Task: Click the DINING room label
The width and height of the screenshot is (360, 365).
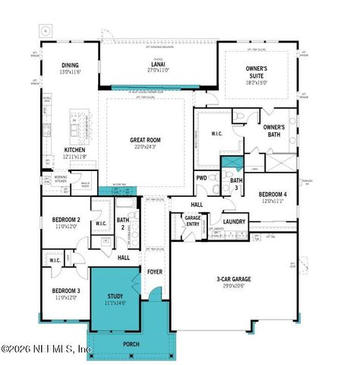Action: point(70,65)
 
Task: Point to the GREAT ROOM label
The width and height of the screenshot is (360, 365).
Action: point(144,140)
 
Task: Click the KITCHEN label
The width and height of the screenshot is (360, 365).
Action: point(74,150)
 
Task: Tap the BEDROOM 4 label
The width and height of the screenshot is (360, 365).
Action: point(271,195)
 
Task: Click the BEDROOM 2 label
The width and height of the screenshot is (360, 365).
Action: point(67,220)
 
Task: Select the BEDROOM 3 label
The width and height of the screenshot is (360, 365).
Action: point(66,290)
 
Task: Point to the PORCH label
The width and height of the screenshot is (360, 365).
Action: point(132,343)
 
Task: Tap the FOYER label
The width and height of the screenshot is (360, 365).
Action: point(155,271)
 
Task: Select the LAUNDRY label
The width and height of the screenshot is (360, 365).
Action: point(233,221)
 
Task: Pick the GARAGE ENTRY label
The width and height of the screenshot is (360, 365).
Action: point(193,221)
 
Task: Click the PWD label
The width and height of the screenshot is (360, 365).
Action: point(201,178)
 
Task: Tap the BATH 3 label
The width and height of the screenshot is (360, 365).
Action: point(236,183)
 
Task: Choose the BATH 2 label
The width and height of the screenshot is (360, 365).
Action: point(122,224)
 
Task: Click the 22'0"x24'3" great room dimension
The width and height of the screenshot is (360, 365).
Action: point(144,147)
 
